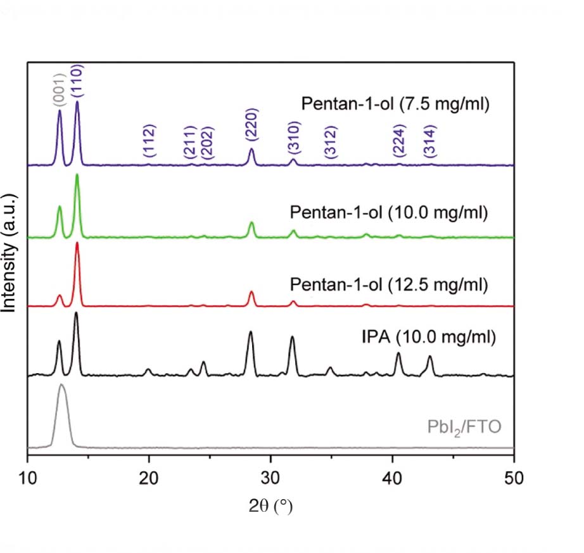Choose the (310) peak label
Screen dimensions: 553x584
pyautogui.click(x=293, y=137)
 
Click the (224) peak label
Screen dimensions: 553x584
pyautogui.click(x=398, y=141)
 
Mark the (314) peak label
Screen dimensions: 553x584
pyautogui.click(x=430, y=141)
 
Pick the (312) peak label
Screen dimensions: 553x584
pyautogui.click(x=329, y=141)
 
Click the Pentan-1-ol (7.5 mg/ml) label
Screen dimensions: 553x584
pyautogui.click(x=395, y=105)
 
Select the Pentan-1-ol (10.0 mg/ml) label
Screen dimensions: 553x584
pyautogui.click(x=389, y=212)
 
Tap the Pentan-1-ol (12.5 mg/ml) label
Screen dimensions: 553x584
pyautogui.click(x=389, y=284)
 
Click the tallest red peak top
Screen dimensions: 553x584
pyautogui.click(x=77, y=243)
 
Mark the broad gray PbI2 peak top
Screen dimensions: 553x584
pyautogui.click(x=61, y=385)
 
